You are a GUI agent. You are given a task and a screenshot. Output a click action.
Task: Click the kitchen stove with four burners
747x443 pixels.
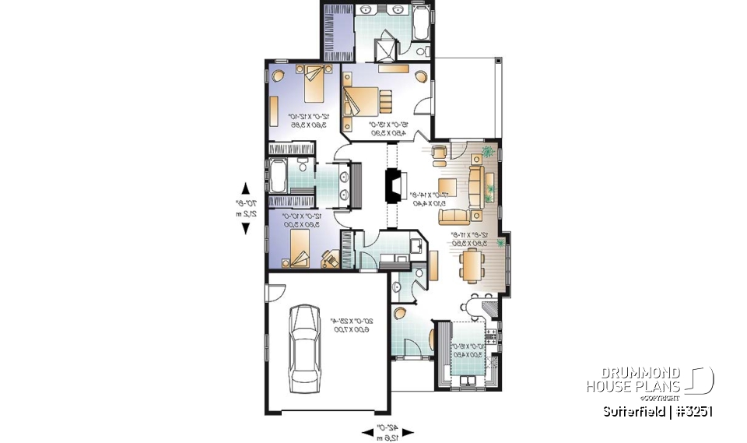coord(489,338)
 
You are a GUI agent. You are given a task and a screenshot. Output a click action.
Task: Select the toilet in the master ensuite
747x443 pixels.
coord(421,50)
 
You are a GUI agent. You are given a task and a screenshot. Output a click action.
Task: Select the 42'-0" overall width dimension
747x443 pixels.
coord(387,431)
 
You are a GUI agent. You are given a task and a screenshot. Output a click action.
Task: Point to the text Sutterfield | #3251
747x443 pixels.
coord(657,410)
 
